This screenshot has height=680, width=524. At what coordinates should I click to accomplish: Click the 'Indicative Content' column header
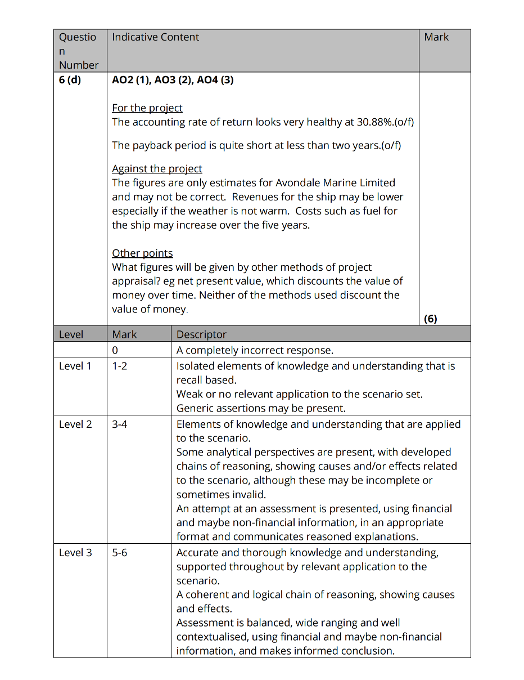(x=156, y=37)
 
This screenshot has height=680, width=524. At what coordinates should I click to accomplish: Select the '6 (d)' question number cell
(x=70, y=80)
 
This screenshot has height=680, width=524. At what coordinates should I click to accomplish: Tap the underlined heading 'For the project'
(x=147, y=108)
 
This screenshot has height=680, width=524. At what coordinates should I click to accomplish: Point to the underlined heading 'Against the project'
(x=157, y=169)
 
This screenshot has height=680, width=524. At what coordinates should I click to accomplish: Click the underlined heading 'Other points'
(x=142, y=253)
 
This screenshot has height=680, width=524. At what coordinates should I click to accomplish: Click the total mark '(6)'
(x=430, y=319)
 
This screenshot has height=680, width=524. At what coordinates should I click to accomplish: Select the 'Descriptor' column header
(x=201, y=334)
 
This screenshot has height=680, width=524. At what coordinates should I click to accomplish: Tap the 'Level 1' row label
(x=75, y=366)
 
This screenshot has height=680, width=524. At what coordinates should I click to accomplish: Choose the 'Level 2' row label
(x=75, y=424)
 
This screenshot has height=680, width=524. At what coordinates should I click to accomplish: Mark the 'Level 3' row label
(x=75, y=553)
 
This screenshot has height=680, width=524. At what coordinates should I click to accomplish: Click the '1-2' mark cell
(x=119, y=366)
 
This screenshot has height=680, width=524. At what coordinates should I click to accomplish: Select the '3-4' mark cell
(x=119, y=424)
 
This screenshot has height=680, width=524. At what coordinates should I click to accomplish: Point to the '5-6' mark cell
(x=119, y=553)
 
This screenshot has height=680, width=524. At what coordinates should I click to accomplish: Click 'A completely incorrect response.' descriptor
(x=255, y=350)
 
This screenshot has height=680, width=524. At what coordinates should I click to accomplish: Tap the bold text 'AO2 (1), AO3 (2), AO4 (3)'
(x=173, y=80)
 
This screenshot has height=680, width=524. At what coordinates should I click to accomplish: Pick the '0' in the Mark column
(x=115, y=350)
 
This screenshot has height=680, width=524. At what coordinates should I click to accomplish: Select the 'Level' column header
(x=71, y=334)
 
